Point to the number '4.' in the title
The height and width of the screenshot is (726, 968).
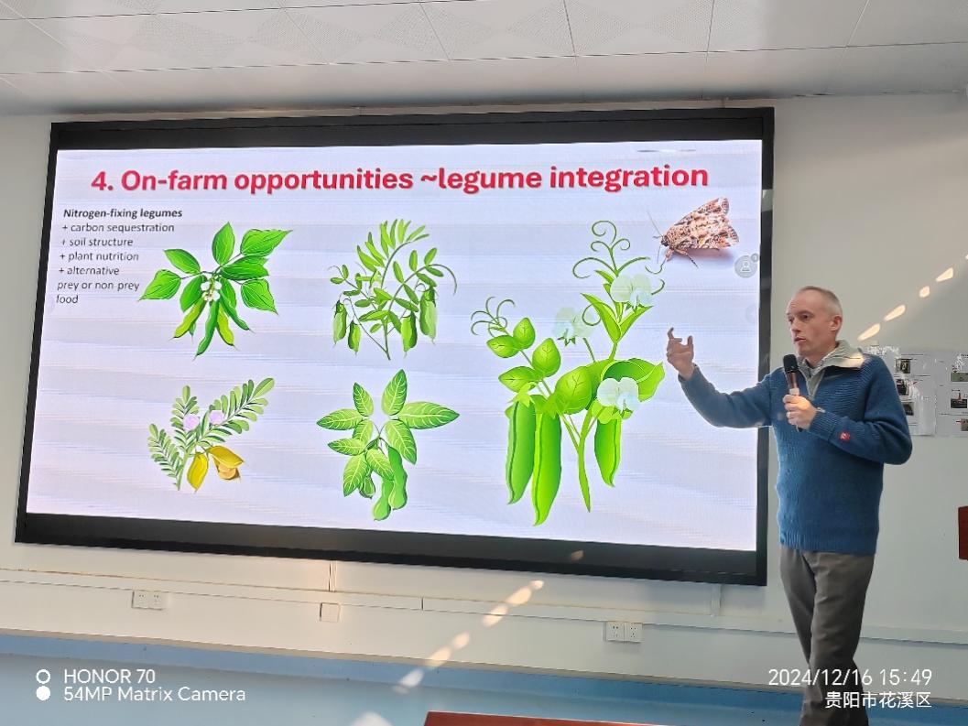click(102, 181)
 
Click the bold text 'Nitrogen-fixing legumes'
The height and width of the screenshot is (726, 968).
click(122, 213)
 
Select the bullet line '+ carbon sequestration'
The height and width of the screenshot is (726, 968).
click(117, 228)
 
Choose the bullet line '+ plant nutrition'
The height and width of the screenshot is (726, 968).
click(99, 256)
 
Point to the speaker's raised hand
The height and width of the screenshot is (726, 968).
click(680, 352)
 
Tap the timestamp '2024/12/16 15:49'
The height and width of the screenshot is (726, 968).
click(850, 677)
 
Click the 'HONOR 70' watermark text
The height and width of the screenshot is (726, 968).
click(109, 676)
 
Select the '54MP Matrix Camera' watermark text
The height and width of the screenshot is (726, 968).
click(155, 695)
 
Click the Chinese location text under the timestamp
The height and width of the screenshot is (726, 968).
click(878, 699)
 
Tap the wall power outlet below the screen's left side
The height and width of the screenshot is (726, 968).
click(147, 600)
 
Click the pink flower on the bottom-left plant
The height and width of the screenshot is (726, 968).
click(191, 422)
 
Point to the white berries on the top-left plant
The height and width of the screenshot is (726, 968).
click(212, 291)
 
